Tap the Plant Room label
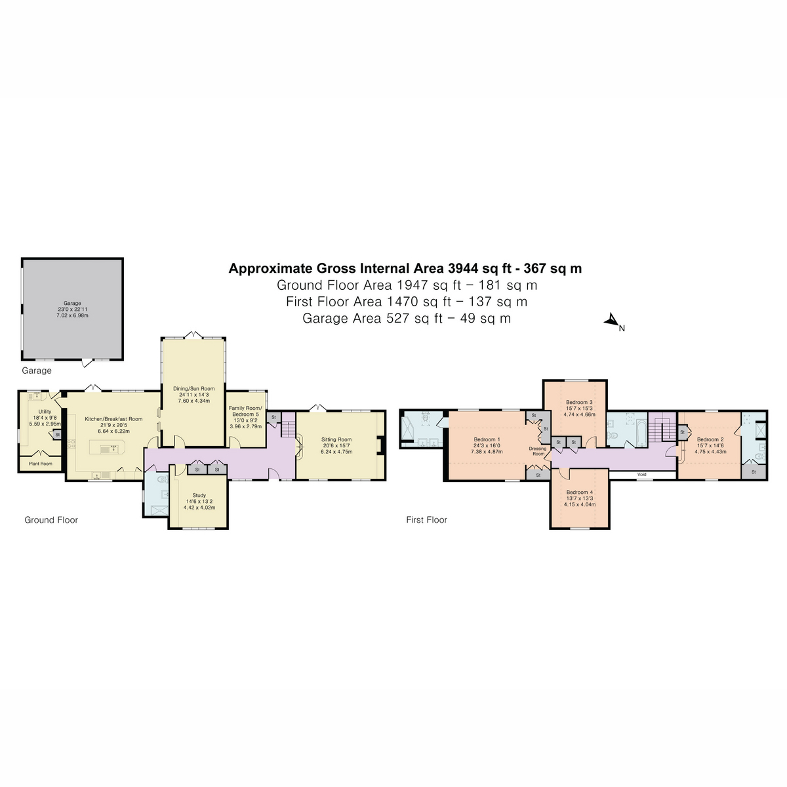[40, 464]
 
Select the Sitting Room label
[336, 440]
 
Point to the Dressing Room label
[538, 451]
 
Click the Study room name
[199, 496]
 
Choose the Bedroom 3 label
[579, 402]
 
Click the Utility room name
[45, 412]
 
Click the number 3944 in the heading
[462, 268]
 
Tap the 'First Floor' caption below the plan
[426, 520]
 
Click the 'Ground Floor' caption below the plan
[51, 520]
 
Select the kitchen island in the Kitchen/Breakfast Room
[106, 447]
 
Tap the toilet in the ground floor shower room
[162, 479]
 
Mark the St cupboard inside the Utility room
[57, 434]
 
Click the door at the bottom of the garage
[85, 362]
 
